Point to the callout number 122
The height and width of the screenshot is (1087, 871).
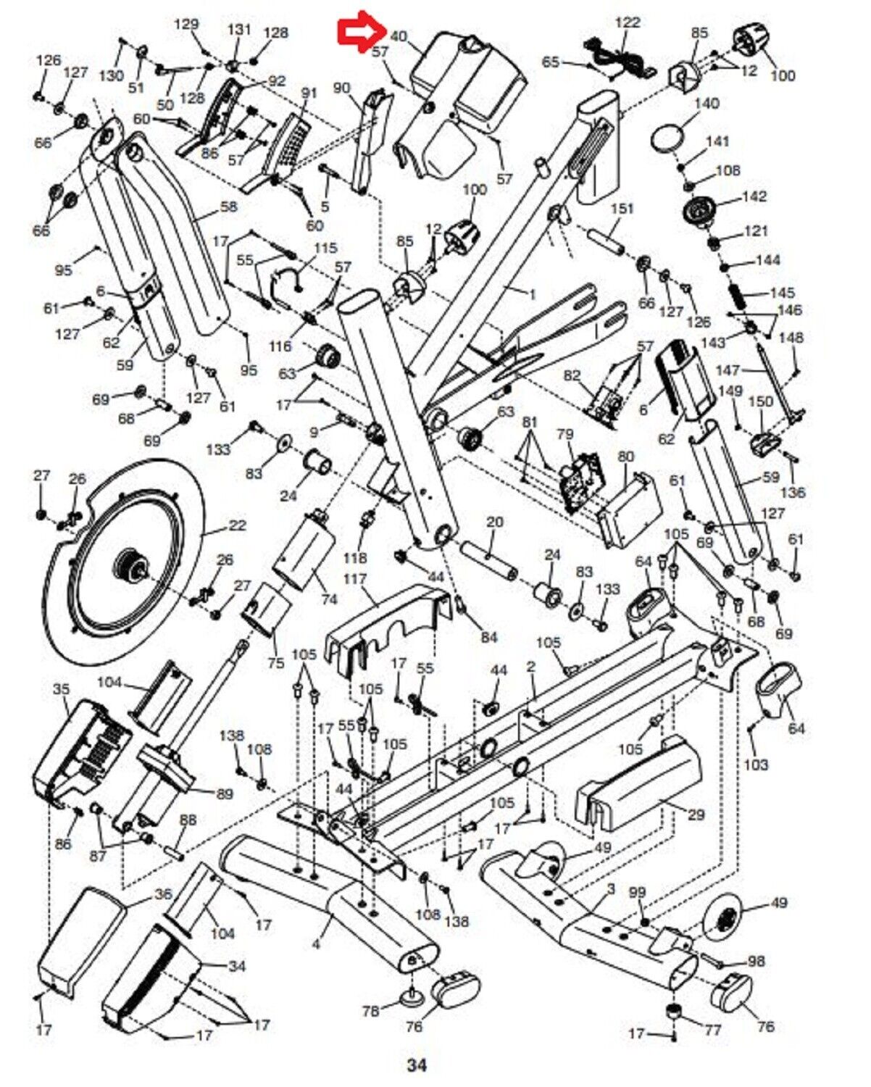tap(628, 22)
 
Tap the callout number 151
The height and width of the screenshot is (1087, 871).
tap(622, 208)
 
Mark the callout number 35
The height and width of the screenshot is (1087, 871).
tap(62, 689)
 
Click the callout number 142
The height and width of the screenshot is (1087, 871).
tap(755, 196)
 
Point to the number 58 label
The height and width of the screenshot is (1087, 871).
tap(228, 206)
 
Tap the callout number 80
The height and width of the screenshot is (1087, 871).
tap(626, 456)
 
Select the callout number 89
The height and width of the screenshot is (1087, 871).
tap(225, 794)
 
